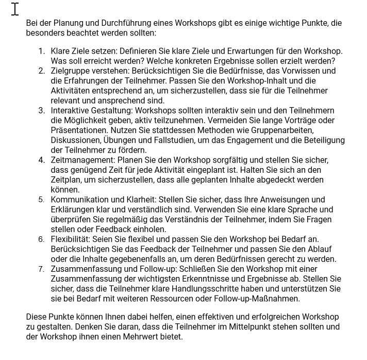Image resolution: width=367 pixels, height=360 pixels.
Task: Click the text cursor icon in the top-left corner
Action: coord(15,9)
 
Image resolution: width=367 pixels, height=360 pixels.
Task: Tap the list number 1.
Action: coord(41,51)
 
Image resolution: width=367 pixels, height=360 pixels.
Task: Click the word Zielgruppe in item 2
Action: coord(70,71)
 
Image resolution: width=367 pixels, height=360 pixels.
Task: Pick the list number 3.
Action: coord(41,111)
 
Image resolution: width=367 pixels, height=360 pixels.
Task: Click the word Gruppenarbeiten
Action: coord(283,130)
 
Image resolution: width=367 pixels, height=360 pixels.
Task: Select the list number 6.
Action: coord(41,240)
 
